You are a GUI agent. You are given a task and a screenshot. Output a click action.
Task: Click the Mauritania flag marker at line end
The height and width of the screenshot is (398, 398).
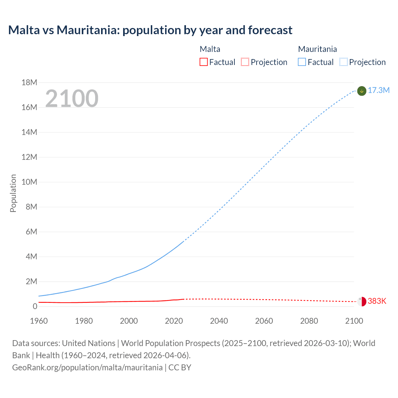pos(362,91)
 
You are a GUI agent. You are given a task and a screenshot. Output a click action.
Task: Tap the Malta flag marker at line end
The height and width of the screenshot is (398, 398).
pos(362,301)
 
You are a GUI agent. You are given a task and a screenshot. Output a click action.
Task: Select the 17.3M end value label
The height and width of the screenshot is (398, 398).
pos(378,90)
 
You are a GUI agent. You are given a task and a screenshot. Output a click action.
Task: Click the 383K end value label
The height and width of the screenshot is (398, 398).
pos(377,301)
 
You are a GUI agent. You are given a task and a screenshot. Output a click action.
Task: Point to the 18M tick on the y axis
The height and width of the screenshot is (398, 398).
pos(30,83)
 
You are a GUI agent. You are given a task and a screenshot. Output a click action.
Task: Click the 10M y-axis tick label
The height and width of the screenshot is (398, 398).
pos(30,182)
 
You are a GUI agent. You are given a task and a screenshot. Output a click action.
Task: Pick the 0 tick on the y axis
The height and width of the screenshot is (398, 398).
pos(35,307)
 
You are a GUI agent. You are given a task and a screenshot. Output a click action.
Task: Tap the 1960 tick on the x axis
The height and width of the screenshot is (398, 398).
pos(39,321)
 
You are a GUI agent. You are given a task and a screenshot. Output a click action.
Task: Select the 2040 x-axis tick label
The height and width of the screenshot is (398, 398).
pos(219,321)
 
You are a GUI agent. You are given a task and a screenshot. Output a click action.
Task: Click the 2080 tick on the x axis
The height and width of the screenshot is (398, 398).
pos(309,321)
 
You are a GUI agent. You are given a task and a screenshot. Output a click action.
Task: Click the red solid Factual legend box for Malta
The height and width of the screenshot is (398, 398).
pos(204,62)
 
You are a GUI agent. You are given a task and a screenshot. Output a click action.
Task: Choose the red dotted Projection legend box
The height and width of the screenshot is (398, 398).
pos(245,62)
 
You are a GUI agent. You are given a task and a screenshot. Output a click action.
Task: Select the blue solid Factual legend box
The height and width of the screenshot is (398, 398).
pos(302,62)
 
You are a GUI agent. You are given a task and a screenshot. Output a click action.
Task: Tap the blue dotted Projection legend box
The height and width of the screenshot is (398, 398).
pos(344,62)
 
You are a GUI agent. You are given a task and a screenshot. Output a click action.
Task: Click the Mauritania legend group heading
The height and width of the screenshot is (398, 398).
pos(317,49)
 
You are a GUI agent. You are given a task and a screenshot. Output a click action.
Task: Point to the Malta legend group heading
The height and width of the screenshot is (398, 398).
pos(210,49)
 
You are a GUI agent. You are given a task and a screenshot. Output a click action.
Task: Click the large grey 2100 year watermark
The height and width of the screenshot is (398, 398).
pos(72,99)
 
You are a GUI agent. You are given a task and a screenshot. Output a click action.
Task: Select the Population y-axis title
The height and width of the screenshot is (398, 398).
pos(13,193)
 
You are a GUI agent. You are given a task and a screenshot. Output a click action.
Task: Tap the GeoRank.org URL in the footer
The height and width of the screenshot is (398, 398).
pos(87,368)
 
